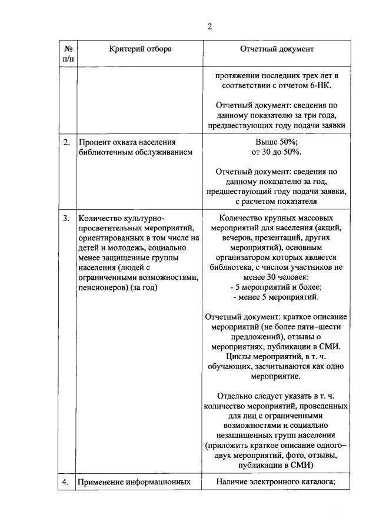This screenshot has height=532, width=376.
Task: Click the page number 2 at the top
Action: [209, 26]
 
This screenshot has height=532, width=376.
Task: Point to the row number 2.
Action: [66, 142]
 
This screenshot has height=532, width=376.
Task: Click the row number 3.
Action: [66, 218]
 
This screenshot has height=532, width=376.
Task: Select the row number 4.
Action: [66, 482]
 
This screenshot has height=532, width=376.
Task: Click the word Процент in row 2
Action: [94, 142]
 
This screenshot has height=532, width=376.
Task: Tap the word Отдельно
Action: [237, 396]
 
